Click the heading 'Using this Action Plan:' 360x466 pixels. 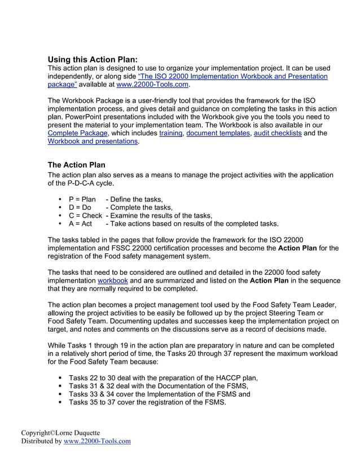point(92,59)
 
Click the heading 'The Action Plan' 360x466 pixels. point(76,165)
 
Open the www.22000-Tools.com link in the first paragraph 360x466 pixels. point(152,85)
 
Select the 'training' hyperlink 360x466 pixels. point(170,133)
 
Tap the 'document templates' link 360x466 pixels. point(217,133)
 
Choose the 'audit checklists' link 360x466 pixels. point(278,133)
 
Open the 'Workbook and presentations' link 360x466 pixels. point(93,141)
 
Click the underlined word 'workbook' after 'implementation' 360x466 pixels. point(112,280)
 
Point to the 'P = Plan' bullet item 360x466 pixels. point(82,199)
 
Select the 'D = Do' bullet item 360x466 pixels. point(80,208)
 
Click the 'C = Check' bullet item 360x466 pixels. point(85,216)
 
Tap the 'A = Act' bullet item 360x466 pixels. point(80,223)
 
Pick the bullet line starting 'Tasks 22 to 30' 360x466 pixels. point(163,378)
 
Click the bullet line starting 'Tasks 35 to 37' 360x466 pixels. point(147,402)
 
